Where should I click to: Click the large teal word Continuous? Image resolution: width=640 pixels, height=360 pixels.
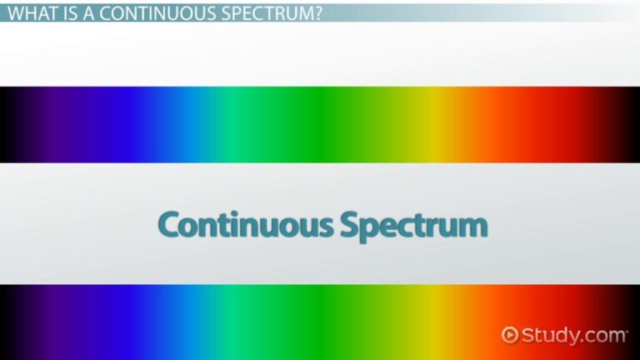click(x=245, y=225)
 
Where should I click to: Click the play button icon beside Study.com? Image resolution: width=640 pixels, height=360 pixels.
click(x=510, y=335)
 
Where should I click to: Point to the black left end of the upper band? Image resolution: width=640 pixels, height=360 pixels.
click(x=7, y=125)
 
